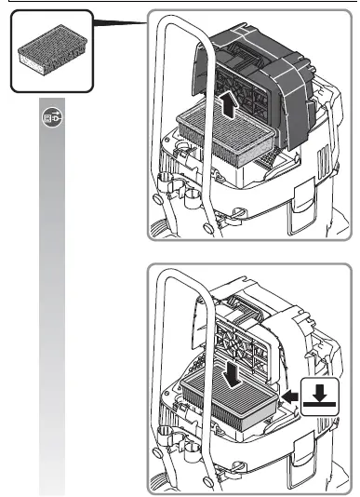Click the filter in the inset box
pos(51,53)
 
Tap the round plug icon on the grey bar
pos(52,119)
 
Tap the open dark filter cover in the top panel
pos(279,88)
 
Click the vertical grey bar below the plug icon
pos(52,307)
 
